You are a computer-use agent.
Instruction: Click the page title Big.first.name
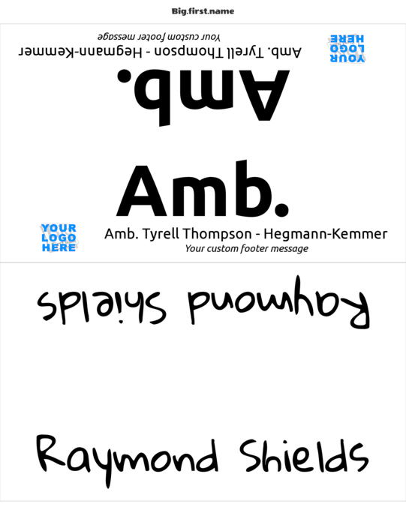coord(203,11)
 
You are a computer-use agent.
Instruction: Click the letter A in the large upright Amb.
coord(141,190)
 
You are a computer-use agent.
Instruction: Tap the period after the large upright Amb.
coord(281,209)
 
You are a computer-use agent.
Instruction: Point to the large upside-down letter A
coord(264,95)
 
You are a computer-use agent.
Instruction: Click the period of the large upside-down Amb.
coord(125,76)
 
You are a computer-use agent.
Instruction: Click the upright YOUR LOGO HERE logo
coord(59,238)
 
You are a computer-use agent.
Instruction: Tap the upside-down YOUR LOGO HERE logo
coord(347,48)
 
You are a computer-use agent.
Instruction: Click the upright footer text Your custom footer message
coord(247,249)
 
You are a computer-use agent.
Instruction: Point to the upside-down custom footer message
coord(159,37)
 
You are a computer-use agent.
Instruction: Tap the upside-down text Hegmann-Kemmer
coord(80,52)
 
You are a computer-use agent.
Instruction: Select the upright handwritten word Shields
coord(304,456)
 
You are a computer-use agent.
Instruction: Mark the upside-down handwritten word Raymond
coord(278,302)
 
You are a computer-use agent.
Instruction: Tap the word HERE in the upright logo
coord(59,247)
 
